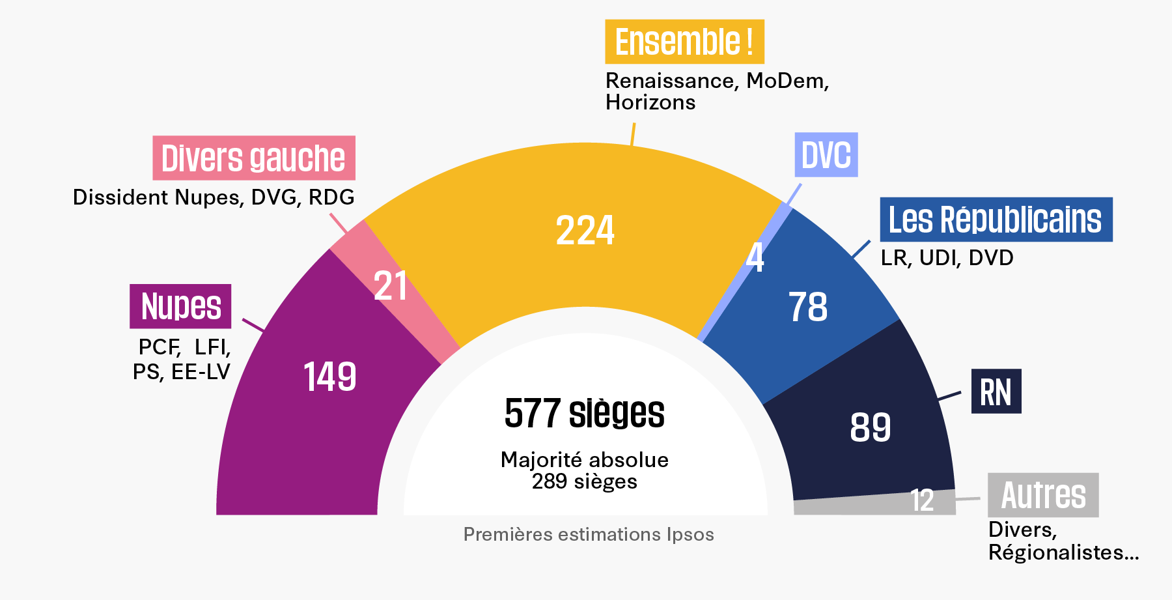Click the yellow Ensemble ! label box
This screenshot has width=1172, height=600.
click(x=684, y=42)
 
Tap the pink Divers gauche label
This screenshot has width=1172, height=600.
click(x=254, y=158)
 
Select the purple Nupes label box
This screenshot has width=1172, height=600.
click(x=180, y=306)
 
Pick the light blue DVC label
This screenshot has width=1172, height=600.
click(x=826, y=155)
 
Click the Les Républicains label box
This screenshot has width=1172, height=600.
click(x=996, y=220)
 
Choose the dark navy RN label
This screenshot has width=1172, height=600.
click(x=996, y=392)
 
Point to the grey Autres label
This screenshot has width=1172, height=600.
click(x=1043, y=495)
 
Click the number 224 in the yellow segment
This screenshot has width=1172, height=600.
click(x=585, y=231)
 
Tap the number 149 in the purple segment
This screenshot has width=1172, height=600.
click(x=330, y=377)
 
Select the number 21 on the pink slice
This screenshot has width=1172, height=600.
click(x=391, y=286)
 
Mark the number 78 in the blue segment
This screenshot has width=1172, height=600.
click(x=808, y=307)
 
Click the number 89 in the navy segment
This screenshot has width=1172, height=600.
click(x=871, y=427)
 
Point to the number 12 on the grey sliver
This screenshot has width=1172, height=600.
click(x=922, y=500)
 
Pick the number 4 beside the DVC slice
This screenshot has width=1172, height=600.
click(x=755, y=257)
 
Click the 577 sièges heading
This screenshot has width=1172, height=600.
click(x=585, y=413)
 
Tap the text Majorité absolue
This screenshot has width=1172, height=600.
click(x=585, y=460)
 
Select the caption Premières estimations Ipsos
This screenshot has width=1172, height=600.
click(x=589, y=534)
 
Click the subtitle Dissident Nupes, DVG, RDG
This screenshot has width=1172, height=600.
click(x=214, y=197)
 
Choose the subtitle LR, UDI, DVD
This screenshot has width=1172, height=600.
click(x=947, y=258)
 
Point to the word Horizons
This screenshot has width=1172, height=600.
click(x=650, y=102)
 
